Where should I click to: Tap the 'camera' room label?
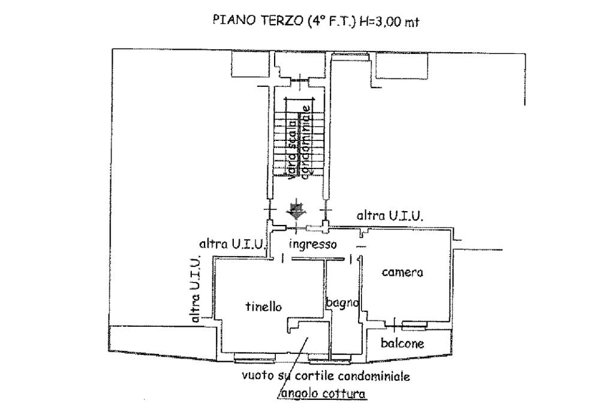[402, 272]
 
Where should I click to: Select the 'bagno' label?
[342, 303]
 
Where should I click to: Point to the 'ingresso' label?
[312, 245]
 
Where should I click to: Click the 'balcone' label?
[402, 343]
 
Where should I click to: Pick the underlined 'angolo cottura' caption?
[323, 393]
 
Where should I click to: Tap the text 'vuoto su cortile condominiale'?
[326, 376]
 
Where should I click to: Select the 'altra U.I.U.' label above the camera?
[390, 215]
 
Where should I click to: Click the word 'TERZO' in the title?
[279, 20]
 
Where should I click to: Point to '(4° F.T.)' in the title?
[330, 21]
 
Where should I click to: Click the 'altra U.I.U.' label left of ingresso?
[233, 244]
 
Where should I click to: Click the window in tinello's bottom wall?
[254, 357]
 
